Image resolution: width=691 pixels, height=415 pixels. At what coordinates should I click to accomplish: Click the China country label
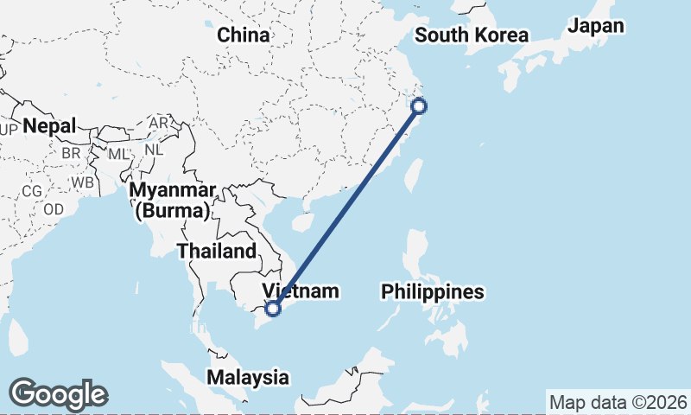[243, 35]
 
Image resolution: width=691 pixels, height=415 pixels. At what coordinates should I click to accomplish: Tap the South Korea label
[471, 35]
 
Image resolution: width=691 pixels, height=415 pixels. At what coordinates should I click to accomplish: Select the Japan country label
[595, 26]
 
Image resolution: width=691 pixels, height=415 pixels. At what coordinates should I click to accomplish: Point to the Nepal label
[49, 126]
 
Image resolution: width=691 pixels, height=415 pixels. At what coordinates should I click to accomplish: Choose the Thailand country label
[217, 252]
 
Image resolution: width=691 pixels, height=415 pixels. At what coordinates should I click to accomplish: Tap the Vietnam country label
[300, 291]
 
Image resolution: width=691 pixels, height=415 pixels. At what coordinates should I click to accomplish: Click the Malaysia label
[247, 378]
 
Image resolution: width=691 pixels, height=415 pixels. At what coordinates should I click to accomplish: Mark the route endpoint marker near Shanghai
[419, 106]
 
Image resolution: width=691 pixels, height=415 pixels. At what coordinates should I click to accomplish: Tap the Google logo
[58, 394]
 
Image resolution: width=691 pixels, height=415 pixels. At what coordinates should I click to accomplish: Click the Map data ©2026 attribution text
[618, 402]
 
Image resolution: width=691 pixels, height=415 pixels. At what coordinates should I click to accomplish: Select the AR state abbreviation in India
[158, 124]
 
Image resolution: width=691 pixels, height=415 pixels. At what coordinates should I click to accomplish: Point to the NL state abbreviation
[154, 149]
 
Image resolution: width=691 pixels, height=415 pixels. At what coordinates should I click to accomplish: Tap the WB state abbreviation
[83, 183]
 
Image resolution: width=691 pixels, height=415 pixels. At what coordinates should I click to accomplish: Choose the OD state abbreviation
[54, 209]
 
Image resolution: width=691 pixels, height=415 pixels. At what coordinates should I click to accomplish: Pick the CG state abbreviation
[31, 190]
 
